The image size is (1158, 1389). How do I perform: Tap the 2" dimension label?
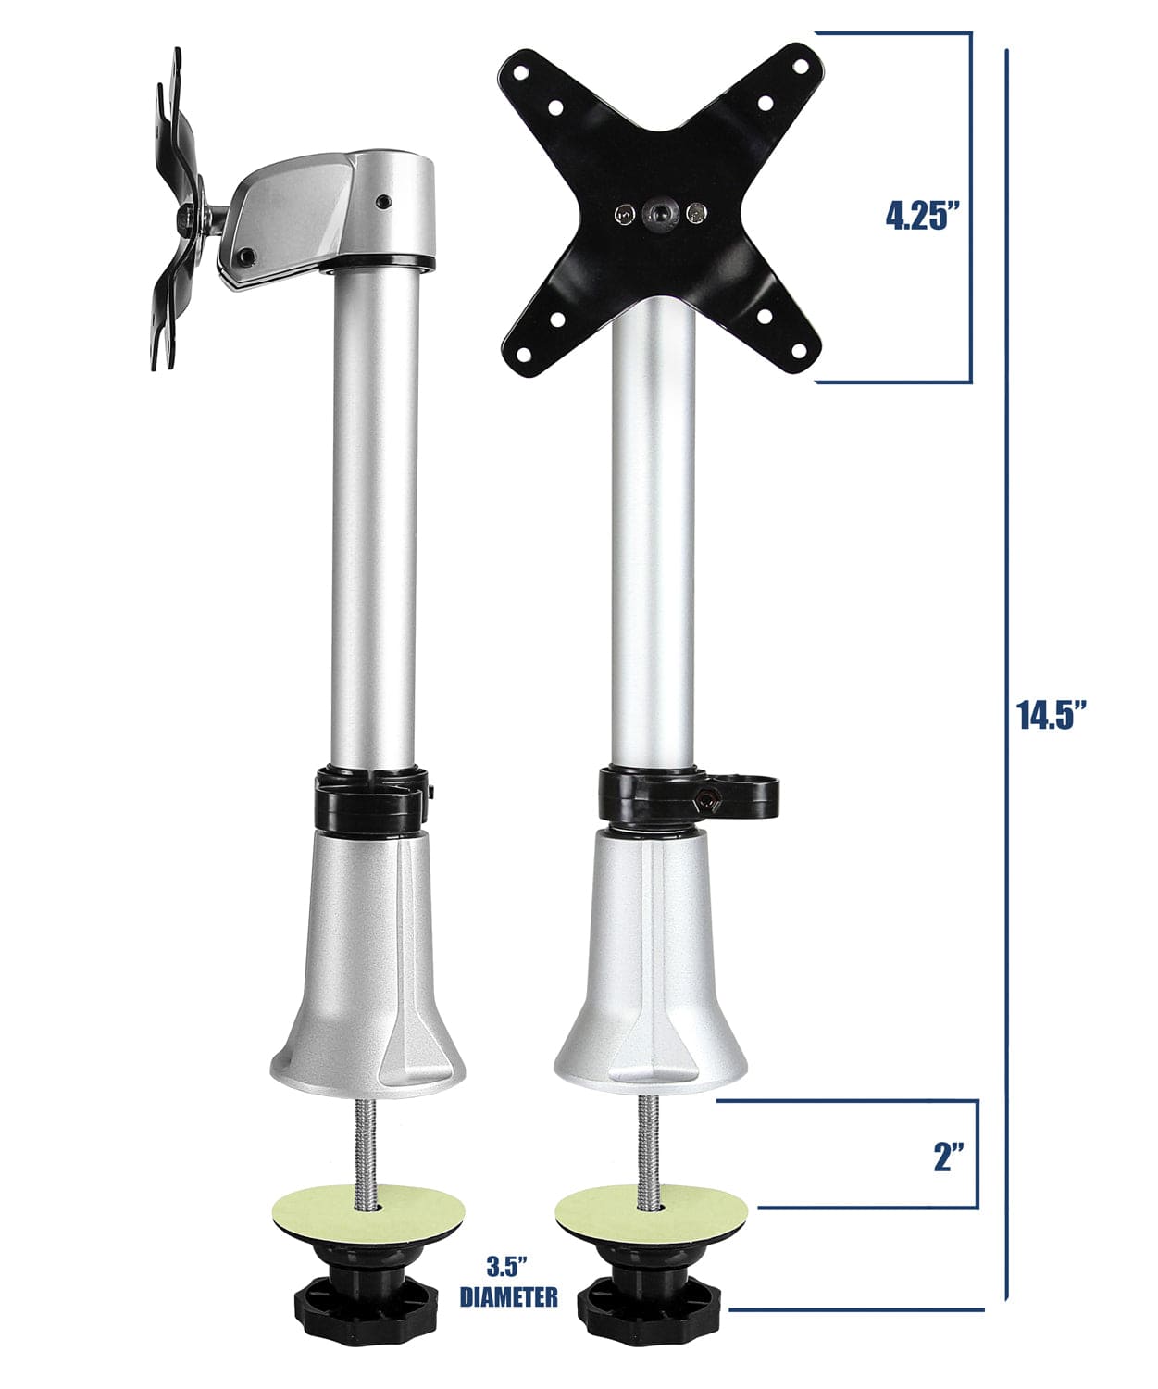click(x=949, y=1157)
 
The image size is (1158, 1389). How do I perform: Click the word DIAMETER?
click(x=509, y=1297)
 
